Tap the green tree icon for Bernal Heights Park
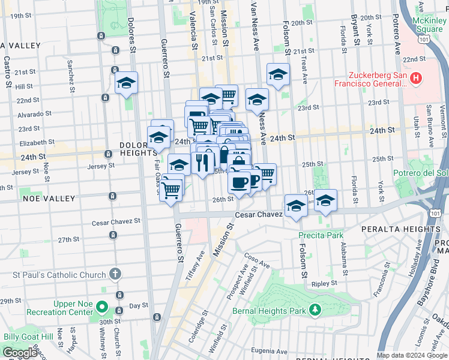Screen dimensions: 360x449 coord(314,310)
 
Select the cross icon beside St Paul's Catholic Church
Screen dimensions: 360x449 coord(115,274)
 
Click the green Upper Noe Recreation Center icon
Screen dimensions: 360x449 coord(102,308)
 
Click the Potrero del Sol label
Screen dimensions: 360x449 coord(429,173)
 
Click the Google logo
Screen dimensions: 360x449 coord(20,353)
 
